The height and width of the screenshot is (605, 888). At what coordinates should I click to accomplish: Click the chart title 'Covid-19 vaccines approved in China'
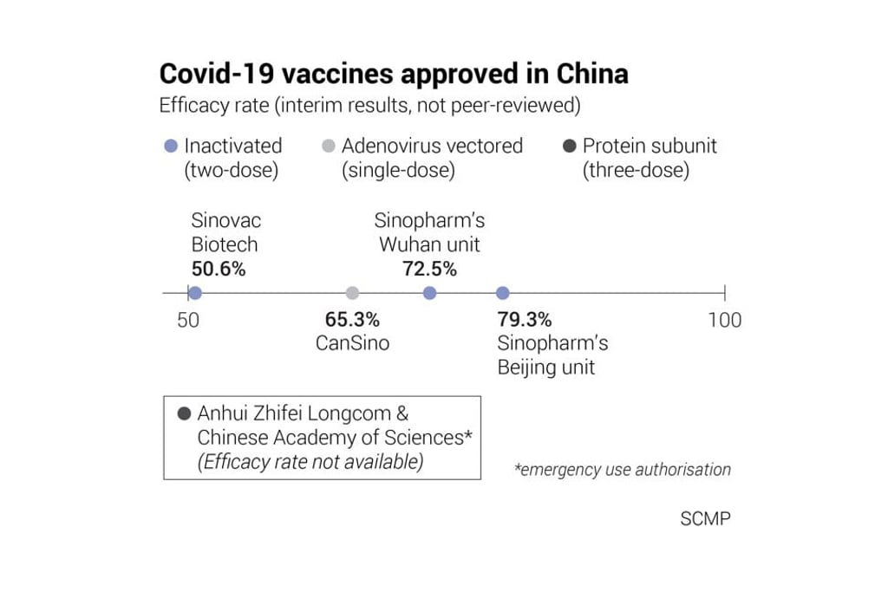pos(394,74)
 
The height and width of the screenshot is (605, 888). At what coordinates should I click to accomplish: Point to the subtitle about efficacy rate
pos(369,106)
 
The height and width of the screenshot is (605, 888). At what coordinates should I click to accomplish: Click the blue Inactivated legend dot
pos(172,146)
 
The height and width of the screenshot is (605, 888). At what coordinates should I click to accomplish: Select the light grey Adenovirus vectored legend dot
pos(328,146)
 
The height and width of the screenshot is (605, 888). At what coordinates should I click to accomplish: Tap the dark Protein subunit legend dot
pos(570,146)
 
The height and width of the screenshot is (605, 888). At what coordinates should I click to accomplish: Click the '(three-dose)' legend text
pos(637,170)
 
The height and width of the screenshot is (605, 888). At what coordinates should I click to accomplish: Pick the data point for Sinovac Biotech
pos(195,293)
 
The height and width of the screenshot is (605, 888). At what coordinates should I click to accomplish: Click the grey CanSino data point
pos(352,293)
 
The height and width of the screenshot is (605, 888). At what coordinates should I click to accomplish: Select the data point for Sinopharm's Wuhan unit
pos(429,293)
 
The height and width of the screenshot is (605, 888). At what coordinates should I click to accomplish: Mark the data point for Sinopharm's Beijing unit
pos(502,293)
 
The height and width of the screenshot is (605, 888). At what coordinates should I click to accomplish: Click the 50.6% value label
pos(219,269)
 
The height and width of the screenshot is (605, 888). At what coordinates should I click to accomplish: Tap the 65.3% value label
pos(352,320)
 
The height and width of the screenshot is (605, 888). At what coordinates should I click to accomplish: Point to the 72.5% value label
pos(429,269)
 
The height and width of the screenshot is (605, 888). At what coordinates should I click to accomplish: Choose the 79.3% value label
pos(525,320)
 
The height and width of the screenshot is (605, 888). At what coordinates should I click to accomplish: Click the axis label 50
pos(188,320)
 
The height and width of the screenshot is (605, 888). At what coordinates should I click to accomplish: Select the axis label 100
pos(724,320)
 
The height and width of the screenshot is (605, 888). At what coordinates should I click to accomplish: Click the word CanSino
pos(352,343)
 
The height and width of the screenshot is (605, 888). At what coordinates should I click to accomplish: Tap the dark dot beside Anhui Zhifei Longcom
pos(184,414)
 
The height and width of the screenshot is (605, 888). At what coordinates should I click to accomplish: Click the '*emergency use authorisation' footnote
pos(623,470)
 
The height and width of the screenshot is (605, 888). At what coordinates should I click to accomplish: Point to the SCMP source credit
pos(705,519)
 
